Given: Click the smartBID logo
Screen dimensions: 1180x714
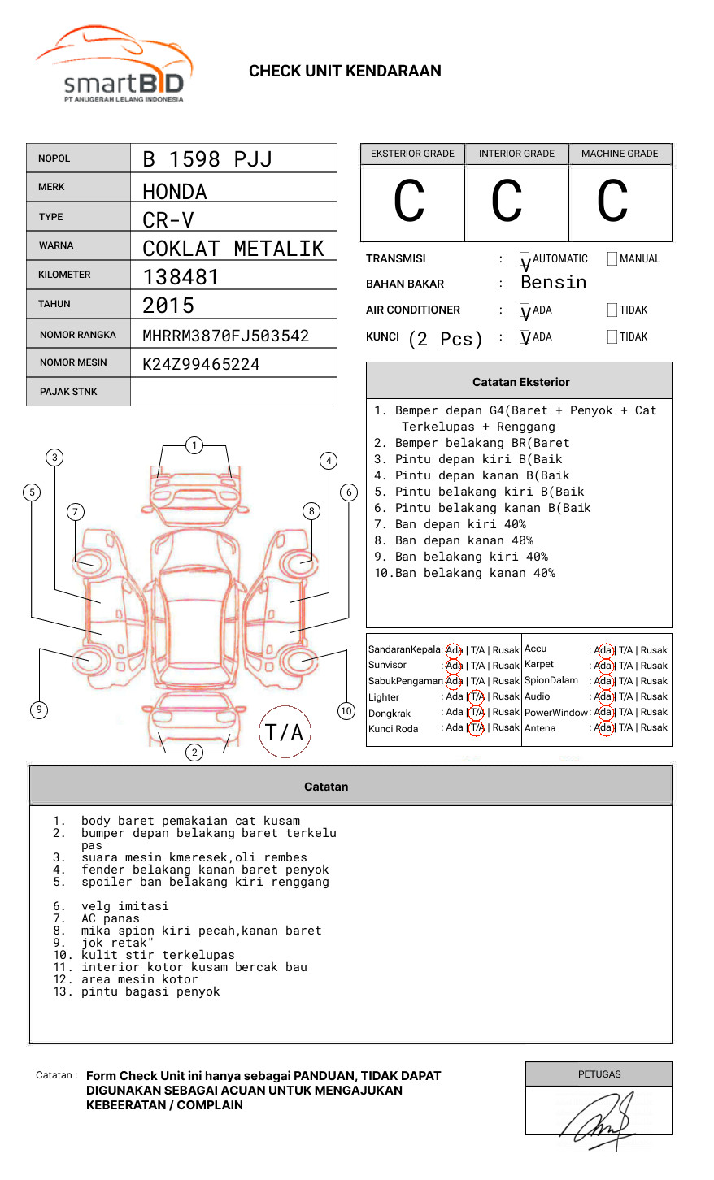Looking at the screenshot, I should click(114, 66).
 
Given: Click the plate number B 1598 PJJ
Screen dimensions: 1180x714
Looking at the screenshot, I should click(207, 159).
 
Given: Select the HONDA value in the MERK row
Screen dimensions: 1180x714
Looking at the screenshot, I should click(175, 192).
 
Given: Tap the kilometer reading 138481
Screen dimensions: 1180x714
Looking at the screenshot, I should click(181, 277).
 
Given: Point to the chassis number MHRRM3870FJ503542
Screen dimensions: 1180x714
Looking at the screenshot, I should click(225, 336).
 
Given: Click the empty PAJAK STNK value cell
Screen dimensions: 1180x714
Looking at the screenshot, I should click(233, 392).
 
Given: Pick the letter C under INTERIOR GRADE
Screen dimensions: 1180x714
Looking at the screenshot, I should click(507, 202).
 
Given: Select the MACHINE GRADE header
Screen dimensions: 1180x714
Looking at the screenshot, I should click(620, 154).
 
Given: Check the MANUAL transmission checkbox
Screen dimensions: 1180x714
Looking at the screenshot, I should click(612, 259).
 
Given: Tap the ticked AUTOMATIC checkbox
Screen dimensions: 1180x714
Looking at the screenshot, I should click(525, 260).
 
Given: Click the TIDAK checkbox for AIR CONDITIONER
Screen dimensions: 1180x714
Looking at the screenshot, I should click(612, 310).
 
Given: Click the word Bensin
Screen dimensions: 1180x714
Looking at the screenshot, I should click(553, 283).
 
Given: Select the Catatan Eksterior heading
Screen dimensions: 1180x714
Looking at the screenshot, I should click(520, 382).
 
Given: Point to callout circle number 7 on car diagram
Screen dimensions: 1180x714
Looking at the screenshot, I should click(76, 511).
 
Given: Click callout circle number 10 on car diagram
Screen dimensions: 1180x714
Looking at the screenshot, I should click(346, 711).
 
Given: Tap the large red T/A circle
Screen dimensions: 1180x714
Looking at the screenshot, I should click(284, 732).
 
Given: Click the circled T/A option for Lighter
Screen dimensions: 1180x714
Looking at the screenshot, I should click(477, 696).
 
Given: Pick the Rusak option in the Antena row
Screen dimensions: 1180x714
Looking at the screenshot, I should click(654, 727).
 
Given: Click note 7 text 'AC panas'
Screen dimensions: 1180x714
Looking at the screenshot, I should click(111, 918).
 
